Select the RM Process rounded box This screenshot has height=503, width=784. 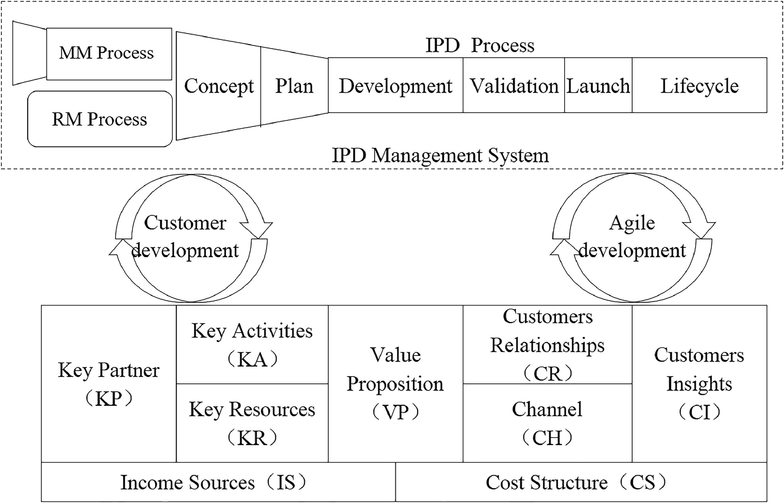100,119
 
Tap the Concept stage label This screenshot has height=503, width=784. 219,86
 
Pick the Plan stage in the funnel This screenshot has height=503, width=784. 294,86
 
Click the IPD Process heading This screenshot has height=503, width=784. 480,45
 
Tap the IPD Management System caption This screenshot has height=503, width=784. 440,156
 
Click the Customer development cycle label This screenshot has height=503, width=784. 185,237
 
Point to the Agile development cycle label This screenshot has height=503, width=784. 632,237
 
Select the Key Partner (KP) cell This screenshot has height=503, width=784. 109,384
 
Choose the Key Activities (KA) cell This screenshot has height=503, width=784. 252,345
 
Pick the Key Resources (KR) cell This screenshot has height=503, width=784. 252,423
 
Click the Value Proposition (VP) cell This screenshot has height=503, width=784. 395,384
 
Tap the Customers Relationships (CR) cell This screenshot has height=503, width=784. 547,345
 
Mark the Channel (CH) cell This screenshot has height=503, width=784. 547,423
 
